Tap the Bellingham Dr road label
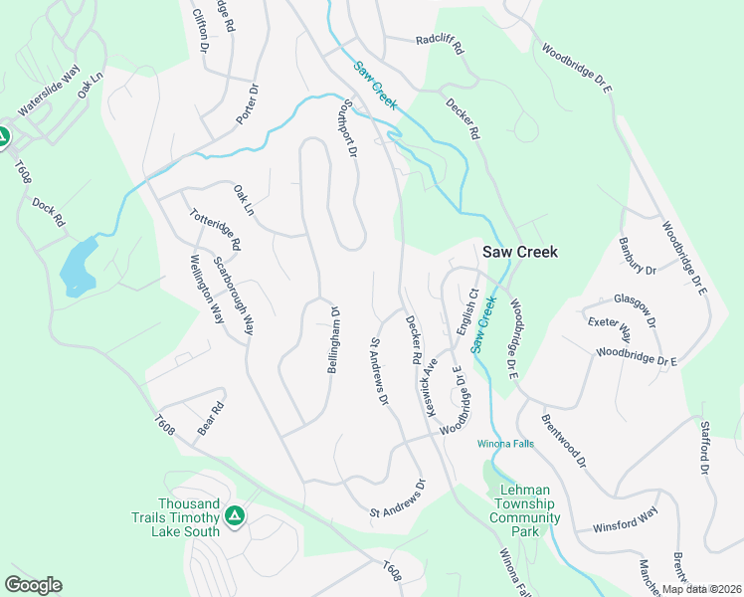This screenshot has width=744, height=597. (334, 340)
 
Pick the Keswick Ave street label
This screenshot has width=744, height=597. (431, 381)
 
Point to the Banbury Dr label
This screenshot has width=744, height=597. (638, 256)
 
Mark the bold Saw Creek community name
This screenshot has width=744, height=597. (520, 252)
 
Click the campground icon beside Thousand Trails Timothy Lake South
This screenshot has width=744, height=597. (235, 514)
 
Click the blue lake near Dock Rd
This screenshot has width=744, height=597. (79, 266)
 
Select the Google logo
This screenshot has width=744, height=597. (33, 585)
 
